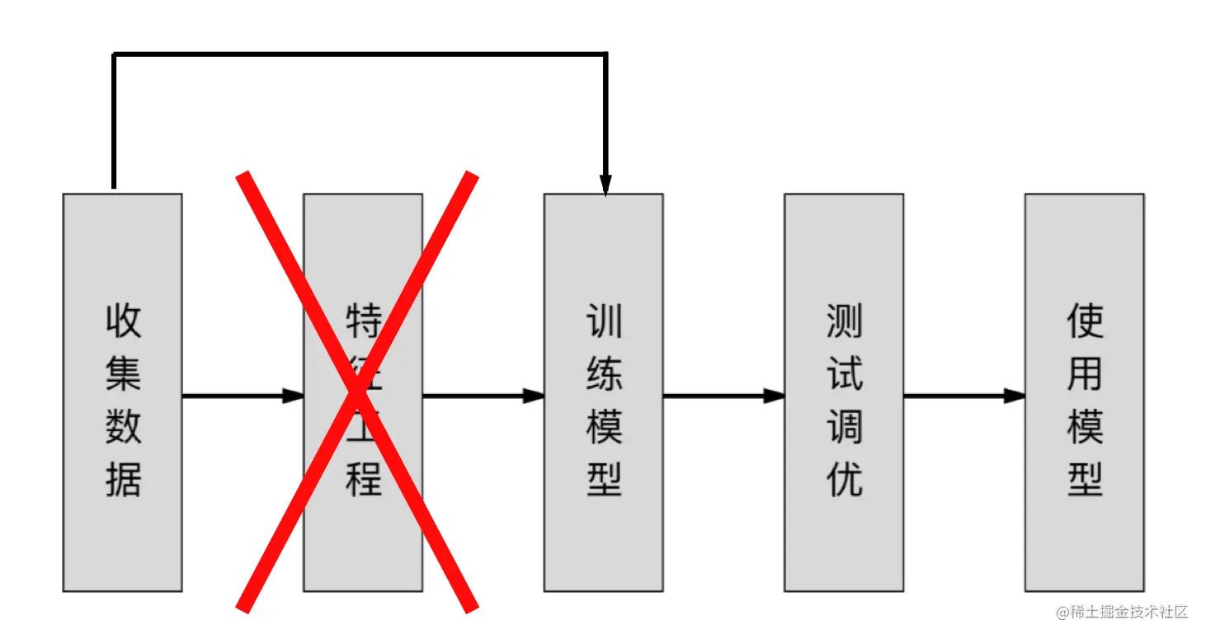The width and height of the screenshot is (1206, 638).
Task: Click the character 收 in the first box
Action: tap(124, 321)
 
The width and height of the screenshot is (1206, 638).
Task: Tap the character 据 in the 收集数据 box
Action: tap(124, 479)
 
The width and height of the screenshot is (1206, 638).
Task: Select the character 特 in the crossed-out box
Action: tap(364, 321)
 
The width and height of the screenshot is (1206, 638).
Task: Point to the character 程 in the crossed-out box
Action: tap(364, 479)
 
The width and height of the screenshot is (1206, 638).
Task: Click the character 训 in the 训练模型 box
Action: tap(604, 321)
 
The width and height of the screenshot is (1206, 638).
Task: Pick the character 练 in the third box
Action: tap(604, 373)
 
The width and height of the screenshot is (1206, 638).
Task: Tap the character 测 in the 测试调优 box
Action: tap(844, 321)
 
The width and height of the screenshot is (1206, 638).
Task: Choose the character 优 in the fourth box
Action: tap(844, 479)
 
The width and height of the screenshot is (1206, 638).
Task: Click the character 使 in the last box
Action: tap(1085, 321)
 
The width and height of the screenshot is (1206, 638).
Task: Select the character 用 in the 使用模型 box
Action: tap(1085, 373)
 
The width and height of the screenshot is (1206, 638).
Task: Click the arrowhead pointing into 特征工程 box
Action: tap(294, 396)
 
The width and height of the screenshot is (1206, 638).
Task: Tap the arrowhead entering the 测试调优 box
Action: tap(775, 396)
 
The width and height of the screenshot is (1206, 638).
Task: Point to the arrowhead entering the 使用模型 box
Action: tap(1015, 396)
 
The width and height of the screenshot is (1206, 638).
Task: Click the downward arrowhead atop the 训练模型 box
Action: tap(605, 186)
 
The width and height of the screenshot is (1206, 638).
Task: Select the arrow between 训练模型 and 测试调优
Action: tap(718, 396)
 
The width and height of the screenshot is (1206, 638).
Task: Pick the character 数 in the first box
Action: tap(124, 426)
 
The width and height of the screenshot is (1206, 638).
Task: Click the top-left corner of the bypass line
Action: tap(114, 54)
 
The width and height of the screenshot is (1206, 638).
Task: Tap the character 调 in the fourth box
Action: tap(844, 426)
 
